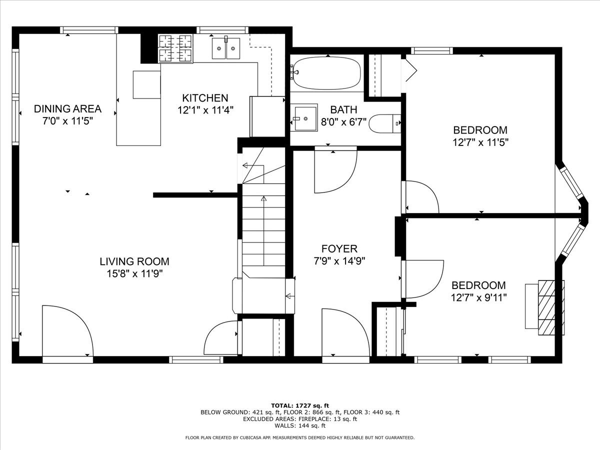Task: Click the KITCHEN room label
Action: (x=205, y=98)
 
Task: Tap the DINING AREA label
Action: (x=67, y=108)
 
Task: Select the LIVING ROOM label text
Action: (x=134, y=261)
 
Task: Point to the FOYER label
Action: (x=339, y=248)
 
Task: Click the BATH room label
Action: (x=343, y=109)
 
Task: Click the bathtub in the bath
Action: (x=326, y=73)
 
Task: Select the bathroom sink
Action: (x=304, y=118)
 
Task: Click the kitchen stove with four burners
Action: (x=176, y=48)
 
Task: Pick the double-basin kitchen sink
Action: (x=226, y=48)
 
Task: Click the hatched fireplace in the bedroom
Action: (x=546, y=307)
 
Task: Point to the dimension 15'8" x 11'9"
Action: (x=135, y=273)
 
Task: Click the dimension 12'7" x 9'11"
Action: (x=478, y=297)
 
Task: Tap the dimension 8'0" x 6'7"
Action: (x=343, y=122)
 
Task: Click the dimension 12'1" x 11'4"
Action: (x=205, y=110)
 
